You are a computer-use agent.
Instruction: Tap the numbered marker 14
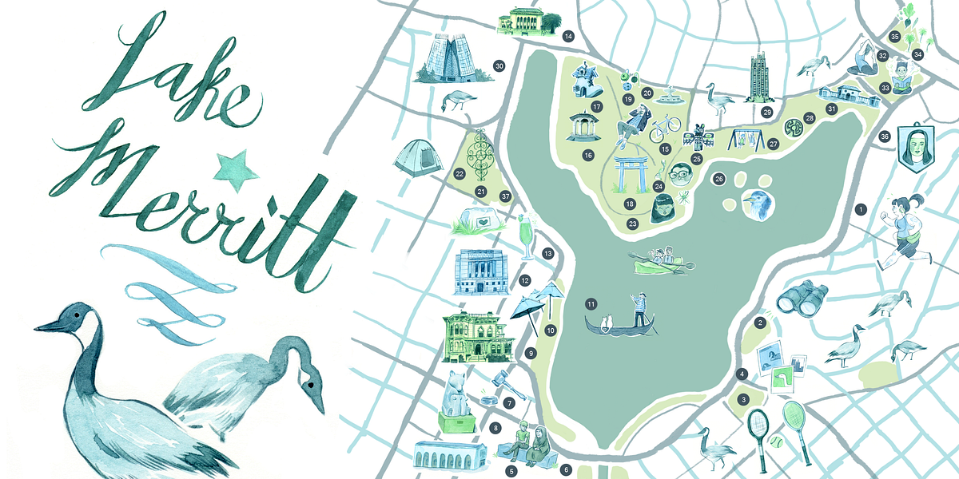568,36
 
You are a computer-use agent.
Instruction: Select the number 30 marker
499,65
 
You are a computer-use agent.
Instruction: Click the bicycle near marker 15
665,125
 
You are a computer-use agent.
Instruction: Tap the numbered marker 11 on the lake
591,303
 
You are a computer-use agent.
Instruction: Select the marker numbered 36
885,137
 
